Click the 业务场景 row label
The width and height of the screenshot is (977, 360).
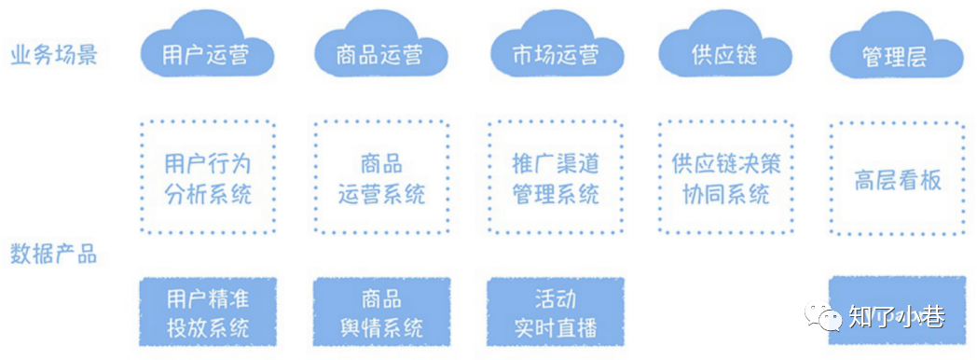(54, 56)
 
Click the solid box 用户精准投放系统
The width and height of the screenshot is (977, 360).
(208, 312)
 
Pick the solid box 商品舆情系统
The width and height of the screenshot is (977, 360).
(381, 312)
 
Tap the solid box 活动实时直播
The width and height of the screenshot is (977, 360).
(556, 312)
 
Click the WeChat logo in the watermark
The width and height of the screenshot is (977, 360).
(821, 316)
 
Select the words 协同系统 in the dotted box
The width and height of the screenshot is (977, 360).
(725, 194)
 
